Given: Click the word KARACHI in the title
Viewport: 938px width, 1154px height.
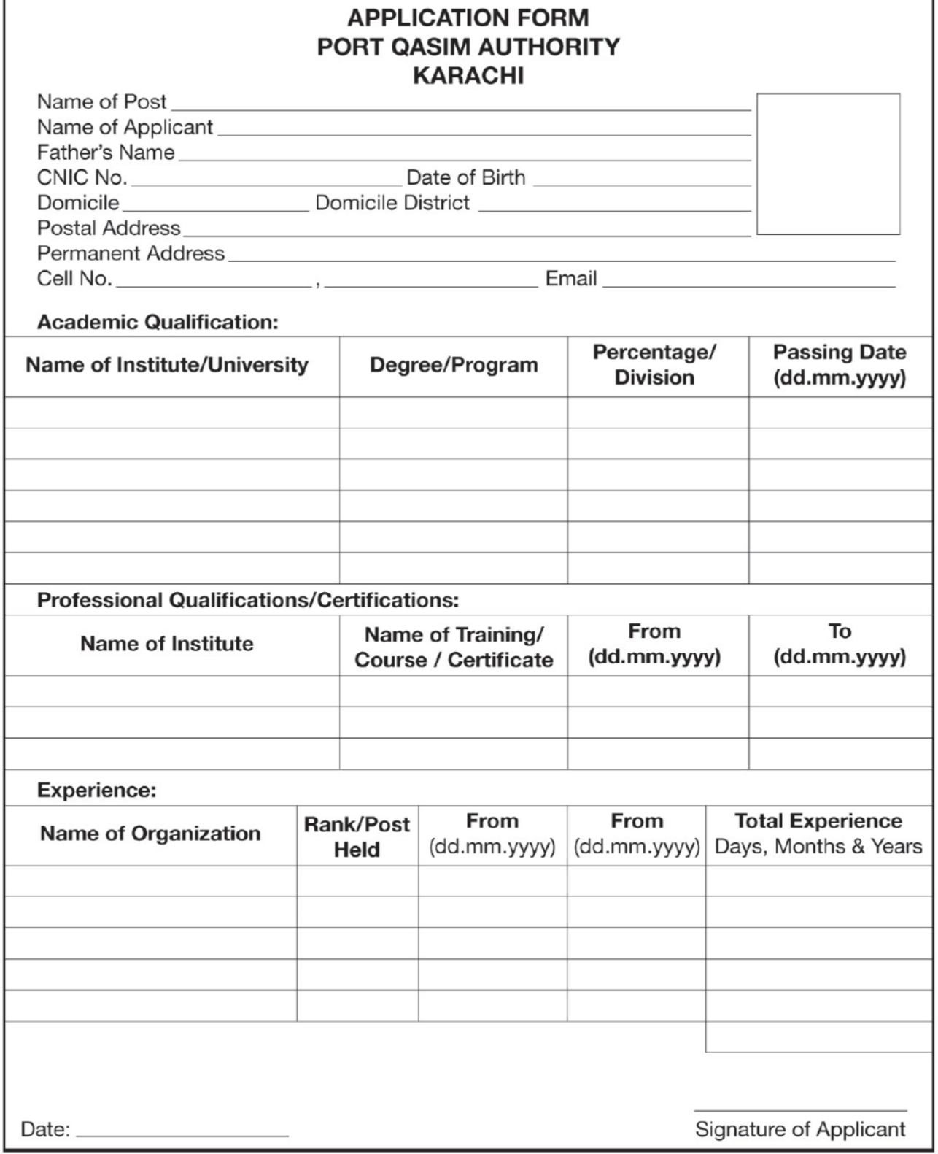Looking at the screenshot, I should [468, 76].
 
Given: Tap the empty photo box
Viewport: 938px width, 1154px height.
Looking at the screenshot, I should [828, 164].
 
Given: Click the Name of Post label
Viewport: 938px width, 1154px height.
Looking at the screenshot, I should [101, 101].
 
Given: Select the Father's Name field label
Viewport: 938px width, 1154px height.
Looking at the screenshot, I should [106, 153].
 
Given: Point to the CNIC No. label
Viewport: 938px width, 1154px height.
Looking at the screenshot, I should [82, 177].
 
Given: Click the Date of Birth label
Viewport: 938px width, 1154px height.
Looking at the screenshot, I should [465, 177].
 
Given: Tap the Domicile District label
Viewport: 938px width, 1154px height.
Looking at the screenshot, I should [392, 202].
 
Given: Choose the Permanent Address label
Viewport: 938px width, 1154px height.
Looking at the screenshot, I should [131, 253].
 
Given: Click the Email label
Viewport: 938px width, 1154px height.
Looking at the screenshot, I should [571, 278].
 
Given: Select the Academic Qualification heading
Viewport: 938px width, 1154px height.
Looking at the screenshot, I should [158, 322].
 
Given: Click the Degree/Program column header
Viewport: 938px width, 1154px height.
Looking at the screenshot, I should [453, 365].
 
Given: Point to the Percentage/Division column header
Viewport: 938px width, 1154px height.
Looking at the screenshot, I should [654, 365].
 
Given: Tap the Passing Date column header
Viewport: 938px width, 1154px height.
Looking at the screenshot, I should [840, 365].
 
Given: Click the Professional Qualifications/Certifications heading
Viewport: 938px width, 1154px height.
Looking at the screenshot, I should [248, 600].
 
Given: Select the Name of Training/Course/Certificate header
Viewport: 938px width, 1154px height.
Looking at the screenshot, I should [453, 647].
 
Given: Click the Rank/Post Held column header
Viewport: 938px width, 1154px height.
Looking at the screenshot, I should [357, 836].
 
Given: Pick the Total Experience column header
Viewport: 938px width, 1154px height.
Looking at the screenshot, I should [818, 834].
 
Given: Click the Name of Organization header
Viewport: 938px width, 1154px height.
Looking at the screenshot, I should [150, 834].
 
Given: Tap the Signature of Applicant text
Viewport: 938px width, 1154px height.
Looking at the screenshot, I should [800, 1129].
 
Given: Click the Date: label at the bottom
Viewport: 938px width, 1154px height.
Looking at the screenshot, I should [45, 1130].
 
